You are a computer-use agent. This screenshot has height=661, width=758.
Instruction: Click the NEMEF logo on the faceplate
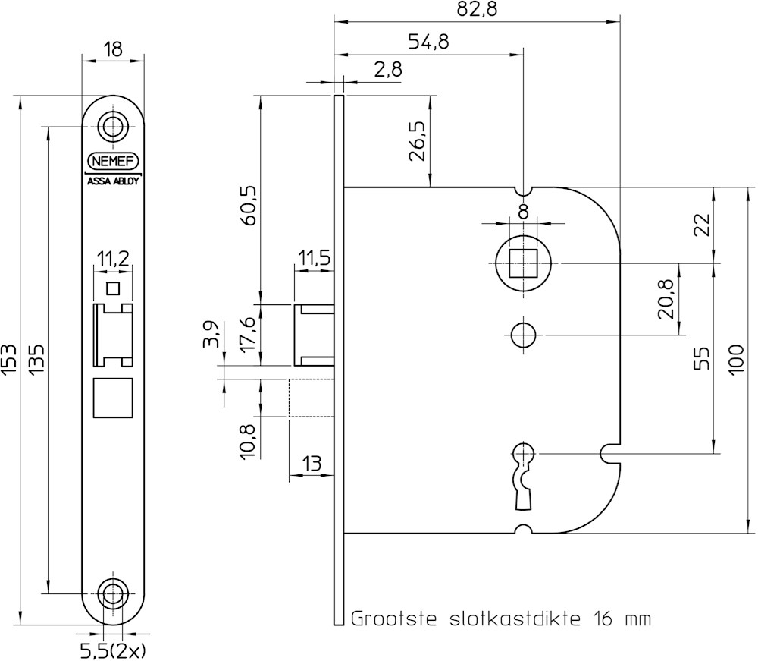(113, 162)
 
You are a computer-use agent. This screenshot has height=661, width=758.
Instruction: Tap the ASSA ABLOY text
(113, 182)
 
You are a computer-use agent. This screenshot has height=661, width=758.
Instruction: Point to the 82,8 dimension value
(477, 10)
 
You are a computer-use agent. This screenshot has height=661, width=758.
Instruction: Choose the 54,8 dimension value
(428, 42)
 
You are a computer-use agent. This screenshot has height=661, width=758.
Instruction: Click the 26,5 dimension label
(417, 140)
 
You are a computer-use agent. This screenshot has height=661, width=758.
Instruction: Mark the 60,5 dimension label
(247, 205)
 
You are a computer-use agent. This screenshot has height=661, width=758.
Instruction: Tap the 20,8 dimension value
(667, 297)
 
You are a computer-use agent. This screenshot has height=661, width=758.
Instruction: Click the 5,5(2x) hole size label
(113, 650)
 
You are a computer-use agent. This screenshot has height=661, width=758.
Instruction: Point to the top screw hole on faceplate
(113, 125)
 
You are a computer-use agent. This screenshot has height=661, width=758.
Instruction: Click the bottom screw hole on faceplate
(113, 593)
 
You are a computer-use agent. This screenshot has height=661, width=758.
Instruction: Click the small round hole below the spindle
(523, 334)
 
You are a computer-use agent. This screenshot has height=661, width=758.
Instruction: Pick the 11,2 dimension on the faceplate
(112, 259)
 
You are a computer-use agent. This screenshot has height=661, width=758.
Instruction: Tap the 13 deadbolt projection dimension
(310, 463)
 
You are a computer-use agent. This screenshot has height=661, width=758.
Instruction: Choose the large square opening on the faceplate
(113, 397)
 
